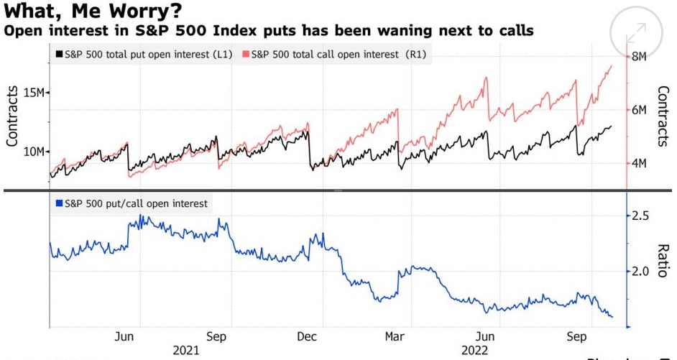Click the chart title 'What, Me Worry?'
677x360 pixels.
[x=91, y=11]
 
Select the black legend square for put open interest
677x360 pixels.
[x=58, y=54]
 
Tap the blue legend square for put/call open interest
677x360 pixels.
[x=58, y=203]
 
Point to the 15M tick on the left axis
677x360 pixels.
[x=35, y=93]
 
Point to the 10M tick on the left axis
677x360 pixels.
[x=35, y=152]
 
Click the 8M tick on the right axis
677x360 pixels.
[x=640, y=56]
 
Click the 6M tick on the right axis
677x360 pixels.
[x=640, y=110]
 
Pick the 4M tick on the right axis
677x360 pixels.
[x=640, y=164]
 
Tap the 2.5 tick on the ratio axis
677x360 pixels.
[x=640, y=216]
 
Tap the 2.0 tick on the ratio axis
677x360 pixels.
[x=640, y=272]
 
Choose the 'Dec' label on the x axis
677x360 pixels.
[x=307, y=336]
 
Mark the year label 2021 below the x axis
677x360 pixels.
[x=187, y=350]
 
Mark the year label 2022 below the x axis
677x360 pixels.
[x=474, y=350]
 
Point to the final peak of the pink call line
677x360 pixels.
[x=611, y=66]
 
